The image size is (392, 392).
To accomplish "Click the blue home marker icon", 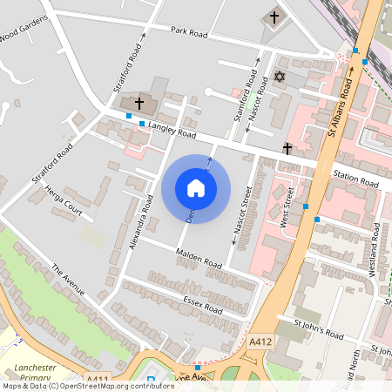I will click(x=196, y=187).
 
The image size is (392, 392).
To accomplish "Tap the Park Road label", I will click(x=189, y=32).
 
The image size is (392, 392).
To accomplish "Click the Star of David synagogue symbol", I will click(x=280, y=78).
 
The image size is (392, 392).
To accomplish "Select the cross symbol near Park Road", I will click(x=274, y=17).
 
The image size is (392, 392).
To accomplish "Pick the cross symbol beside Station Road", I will click(x=287, y=149).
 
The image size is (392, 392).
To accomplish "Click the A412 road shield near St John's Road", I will click(x=259, y=343).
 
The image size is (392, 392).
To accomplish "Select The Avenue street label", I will click(x=68, y=280).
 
